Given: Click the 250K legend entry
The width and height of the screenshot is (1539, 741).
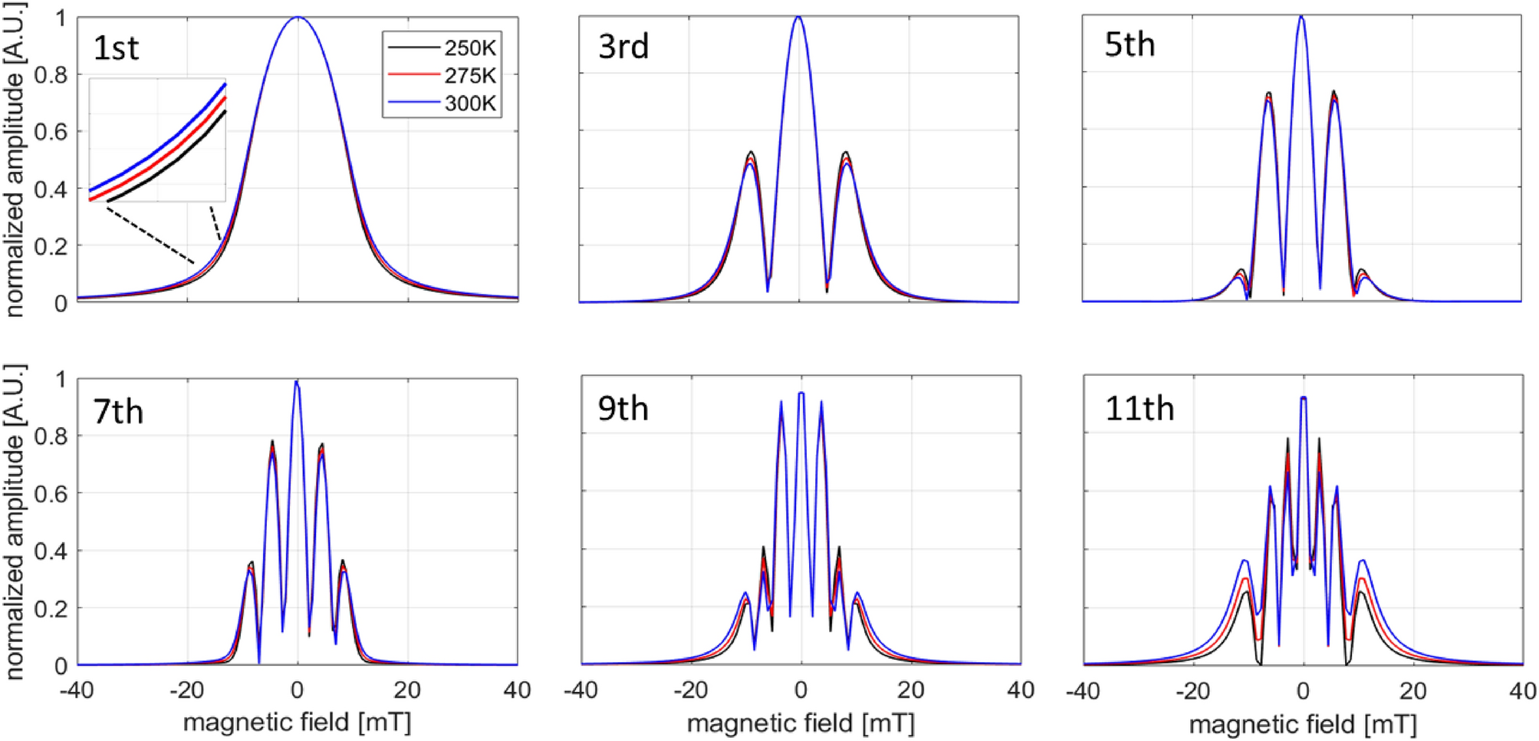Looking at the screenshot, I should point(469,48).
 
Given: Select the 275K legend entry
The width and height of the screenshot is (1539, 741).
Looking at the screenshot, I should point(469,76).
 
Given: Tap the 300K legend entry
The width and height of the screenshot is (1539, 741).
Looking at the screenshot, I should point(469,104).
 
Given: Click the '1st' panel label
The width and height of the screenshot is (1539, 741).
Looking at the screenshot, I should point(116,48).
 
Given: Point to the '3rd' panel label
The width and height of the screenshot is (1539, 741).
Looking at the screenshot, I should point(623,47).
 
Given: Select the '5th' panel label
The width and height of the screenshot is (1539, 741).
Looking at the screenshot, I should point(1130,45).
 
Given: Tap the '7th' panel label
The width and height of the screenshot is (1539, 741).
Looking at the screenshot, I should point(118,412).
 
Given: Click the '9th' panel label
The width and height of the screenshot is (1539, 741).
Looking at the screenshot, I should point(623,409).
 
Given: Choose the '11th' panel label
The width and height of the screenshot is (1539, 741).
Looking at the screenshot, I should point(1139,409).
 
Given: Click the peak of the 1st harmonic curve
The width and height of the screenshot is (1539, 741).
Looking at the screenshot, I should point(298,18).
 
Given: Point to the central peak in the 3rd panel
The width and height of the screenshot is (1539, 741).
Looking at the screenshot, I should point(799,18).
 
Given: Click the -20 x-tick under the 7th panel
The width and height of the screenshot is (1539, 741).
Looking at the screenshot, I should point(186,690).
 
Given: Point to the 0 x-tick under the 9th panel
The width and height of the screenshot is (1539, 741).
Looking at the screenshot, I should point(801,690).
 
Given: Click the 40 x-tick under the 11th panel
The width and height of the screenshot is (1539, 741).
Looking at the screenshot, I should point(1521,690).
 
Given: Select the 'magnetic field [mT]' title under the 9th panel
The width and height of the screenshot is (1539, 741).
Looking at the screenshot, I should point(801,723).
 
